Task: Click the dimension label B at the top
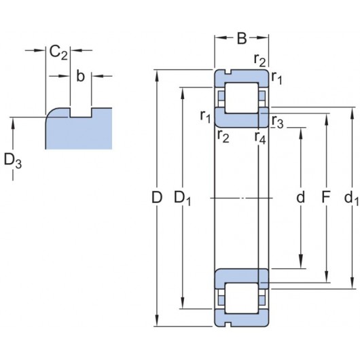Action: (x=242, y=38)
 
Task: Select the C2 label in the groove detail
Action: (x=58, y=53)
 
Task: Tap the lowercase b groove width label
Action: (x=80, y=76)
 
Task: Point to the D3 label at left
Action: (x=13, y=161)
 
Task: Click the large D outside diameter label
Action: (x=157, y=197)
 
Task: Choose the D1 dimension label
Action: (x=183, y=198)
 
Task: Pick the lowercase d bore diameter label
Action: (x=300, y=197)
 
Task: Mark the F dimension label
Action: (x=326, y=197)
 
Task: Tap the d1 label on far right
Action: (x=351, y=198)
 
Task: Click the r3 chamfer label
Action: (x=278, y=122)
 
